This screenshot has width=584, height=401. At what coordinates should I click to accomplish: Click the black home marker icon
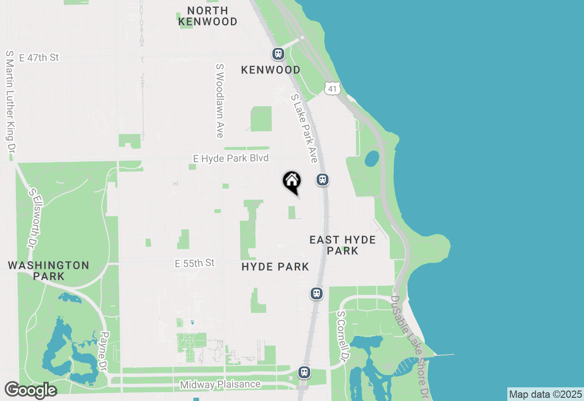(292, 182)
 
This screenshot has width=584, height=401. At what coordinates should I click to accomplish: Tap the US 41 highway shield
(333, 88)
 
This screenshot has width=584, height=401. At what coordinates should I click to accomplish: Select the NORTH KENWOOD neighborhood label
(208, 16)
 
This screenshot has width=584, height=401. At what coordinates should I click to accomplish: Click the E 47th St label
(39, 58)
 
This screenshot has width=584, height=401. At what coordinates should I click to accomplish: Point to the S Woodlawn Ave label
(220, 101)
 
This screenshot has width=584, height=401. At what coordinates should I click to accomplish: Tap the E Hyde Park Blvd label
(231, 158)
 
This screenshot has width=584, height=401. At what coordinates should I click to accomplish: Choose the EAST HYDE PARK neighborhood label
(343, 245)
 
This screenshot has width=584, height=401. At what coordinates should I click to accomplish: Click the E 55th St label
(194, 263)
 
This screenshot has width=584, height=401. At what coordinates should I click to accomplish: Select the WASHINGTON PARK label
(48, 271)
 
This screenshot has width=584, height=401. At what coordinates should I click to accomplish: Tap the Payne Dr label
(104, 351)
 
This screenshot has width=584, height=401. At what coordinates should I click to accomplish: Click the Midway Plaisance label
(220, 385)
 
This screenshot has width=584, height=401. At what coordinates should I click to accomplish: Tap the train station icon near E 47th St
(278, 54)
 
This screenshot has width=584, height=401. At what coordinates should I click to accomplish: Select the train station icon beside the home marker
(323, 180)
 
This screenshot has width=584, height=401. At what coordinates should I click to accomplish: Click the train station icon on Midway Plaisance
(304, 372)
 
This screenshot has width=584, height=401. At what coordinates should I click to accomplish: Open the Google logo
(31, 390)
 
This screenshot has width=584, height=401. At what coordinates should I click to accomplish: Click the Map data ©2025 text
(545, 394)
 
